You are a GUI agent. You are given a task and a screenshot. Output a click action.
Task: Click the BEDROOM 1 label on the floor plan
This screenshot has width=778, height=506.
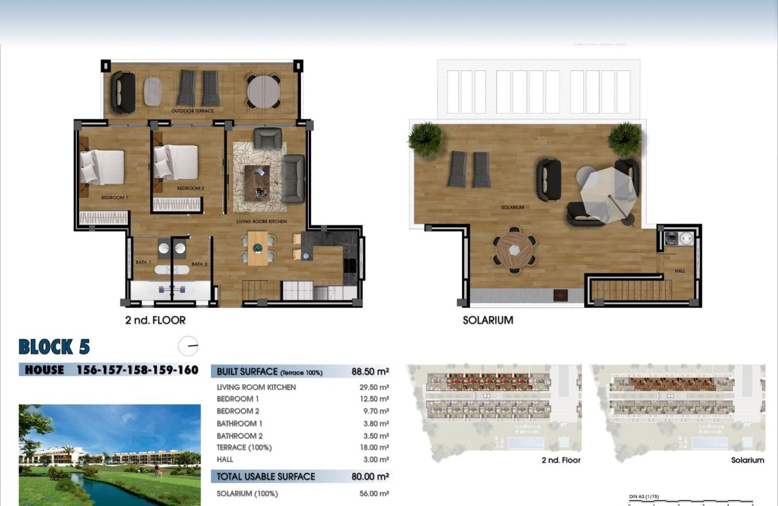pos(115,198)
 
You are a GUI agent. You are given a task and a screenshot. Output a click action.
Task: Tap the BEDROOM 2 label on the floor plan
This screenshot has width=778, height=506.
pos(191,189)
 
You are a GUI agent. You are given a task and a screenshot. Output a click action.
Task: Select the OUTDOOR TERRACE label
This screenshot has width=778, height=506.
pos(192,111)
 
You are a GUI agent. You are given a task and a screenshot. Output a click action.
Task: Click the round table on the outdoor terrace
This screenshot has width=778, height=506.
pos(263,91)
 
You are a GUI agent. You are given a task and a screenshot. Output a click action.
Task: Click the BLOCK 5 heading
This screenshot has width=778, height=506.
pos(54,347)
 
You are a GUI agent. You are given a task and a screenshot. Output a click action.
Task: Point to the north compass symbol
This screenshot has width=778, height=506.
pos(188,346)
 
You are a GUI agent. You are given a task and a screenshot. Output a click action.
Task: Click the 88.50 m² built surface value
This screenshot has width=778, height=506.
pos(370,372)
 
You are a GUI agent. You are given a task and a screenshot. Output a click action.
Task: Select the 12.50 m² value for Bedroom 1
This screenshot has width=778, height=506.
pos(374,399)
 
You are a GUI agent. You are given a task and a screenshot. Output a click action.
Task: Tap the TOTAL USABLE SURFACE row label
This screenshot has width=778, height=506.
pos(265,476)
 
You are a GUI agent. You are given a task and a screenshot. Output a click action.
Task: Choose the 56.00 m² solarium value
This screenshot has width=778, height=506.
pos(374,493)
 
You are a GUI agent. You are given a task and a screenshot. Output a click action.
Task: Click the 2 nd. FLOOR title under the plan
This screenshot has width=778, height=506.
pos(155,320)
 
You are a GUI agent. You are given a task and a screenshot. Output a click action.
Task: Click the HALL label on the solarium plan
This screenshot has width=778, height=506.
pos(680,271)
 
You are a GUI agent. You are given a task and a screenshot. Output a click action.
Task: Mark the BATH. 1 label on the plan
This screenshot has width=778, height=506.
pos(144,262)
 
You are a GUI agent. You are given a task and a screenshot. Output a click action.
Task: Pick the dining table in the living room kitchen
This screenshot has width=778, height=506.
pos(257,248)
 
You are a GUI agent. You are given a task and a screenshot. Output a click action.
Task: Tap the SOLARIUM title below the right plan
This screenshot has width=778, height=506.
pos(487,320)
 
